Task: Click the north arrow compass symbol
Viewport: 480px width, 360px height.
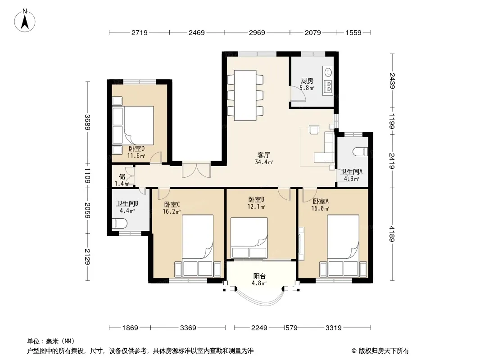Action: pyautogui.click(x=25, y=21)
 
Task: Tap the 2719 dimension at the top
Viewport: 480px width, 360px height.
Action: pyautogui.click(x=140, y=32)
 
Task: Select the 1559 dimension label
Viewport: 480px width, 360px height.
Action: pyautogui.click(x=353, y=32)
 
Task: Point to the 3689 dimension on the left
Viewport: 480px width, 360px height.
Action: pyautogui.click(x=88, y=122)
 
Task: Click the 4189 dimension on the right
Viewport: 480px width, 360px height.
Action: pyautogui.click(x=392, y=234)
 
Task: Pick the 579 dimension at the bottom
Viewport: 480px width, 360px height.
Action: pyautogui.click(x=291, y=328)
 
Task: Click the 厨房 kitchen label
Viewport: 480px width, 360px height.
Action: pyautogui.click(x=307, y=81)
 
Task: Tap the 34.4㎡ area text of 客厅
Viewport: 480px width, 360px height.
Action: pyautogui.click(x=263, y=162)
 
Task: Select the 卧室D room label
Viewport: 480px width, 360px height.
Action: pyautogui.click(x=136, y=148)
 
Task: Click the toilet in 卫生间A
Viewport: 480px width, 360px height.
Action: pyautogui.click(x=360, y=152)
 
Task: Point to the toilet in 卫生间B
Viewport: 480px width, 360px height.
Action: pyautogui.click(x=119, y=224)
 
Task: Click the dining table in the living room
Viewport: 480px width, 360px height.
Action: pyautogui.click(x=245, y=95)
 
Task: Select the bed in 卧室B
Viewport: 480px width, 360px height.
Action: pyautogui.click(x=249, y=238)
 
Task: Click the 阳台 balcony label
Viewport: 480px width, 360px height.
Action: pyautogui.click(x=259, y=276)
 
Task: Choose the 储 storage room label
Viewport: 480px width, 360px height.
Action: pyautogui.click(x=122, y=176)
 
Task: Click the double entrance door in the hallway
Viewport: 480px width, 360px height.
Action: pyautogui.click(x=196, y=170)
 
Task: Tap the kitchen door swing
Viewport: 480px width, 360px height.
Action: pyautogui.click(x=298, y=94)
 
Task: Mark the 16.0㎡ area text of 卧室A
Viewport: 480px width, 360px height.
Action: pyautogui.click(x=320, y=209)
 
